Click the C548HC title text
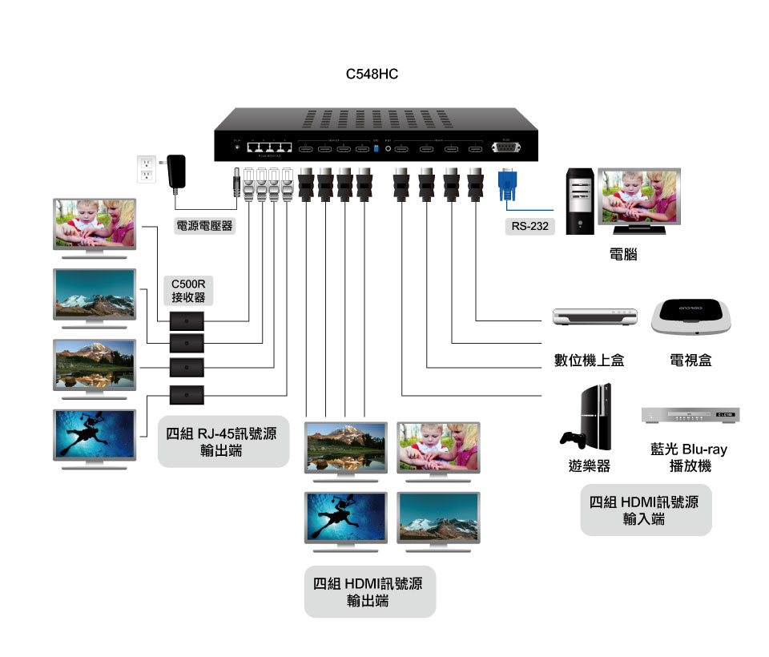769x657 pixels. pos(372,75)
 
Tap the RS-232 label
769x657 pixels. pos(530,226)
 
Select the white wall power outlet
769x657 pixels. pos(146,168)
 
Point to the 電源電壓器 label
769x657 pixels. pos(204,226)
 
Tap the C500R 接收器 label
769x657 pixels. pos(188,290)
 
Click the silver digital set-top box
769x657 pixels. pos(597,316)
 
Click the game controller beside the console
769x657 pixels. pos(572,439)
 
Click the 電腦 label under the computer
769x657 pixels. pos(623,255)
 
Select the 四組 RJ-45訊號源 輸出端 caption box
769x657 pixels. pos(223,441)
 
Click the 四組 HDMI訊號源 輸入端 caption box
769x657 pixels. pos(646,510)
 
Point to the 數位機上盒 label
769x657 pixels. pos(590,361)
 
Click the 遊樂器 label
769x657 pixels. pos(590,466)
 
